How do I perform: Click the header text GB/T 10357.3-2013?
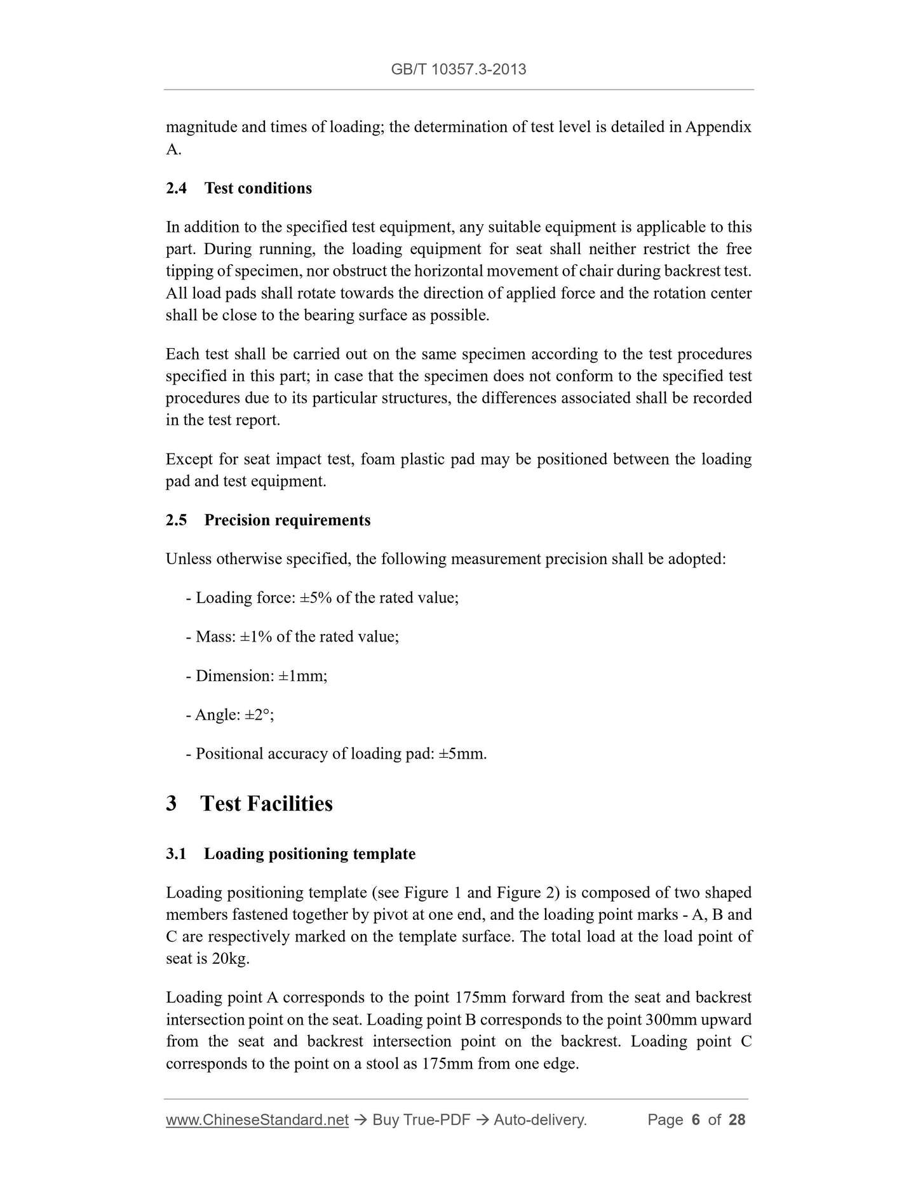click(458, 69)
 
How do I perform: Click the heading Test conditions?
click(258, 188)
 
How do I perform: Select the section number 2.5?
click(176, 520)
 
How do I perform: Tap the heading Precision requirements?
click(287, 520)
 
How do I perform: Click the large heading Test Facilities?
click(266, 804)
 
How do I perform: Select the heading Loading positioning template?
click(309, 854)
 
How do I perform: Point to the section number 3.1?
click(176, 854)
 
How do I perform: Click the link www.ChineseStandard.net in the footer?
click(257, 1120)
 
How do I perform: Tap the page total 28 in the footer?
click(737, 1120)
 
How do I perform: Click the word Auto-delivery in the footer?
click(539, 1120)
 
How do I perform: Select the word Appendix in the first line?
click(718, 127)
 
